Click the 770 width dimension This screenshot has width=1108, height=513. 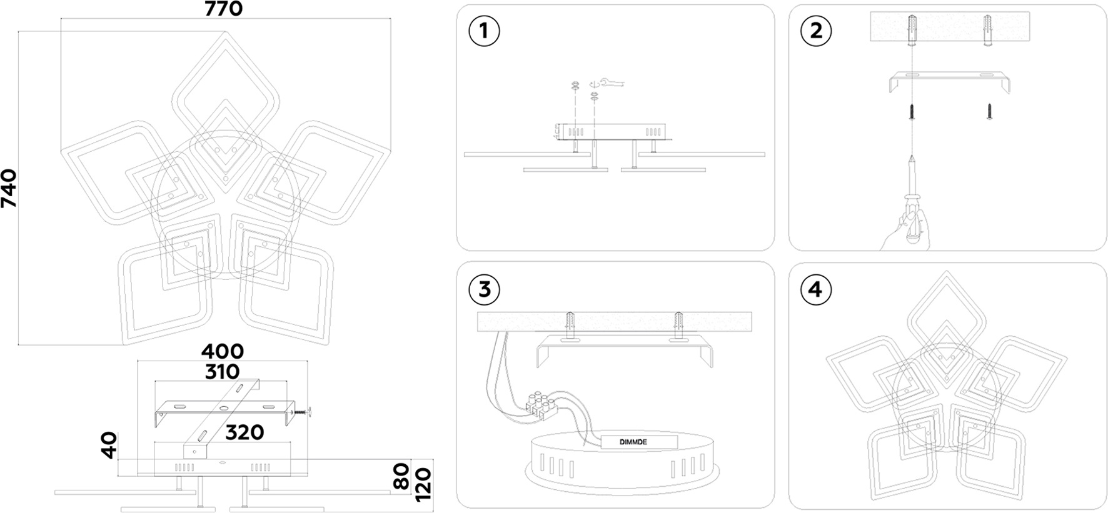tap(223, 9)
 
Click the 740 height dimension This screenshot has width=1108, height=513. tap(9, 188)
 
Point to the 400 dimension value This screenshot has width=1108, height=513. tap(223, 351)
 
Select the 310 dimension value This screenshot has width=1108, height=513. tap(222, 372)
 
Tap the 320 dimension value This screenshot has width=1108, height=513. tap(244, 432)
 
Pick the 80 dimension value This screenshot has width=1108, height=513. tap(402, 476)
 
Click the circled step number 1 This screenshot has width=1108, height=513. tap(484, 31)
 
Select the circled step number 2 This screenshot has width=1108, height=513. tap(816, 31)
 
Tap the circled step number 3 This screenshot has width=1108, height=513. tap(484, 289)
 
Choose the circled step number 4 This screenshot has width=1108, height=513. tap(816, 290)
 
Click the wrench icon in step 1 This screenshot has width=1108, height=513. tap(612, 82)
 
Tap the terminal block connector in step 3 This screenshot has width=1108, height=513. tap(539, 404)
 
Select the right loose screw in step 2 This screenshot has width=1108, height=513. tap(989, 112)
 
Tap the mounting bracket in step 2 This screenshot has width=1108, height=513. tap(950, 79)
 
